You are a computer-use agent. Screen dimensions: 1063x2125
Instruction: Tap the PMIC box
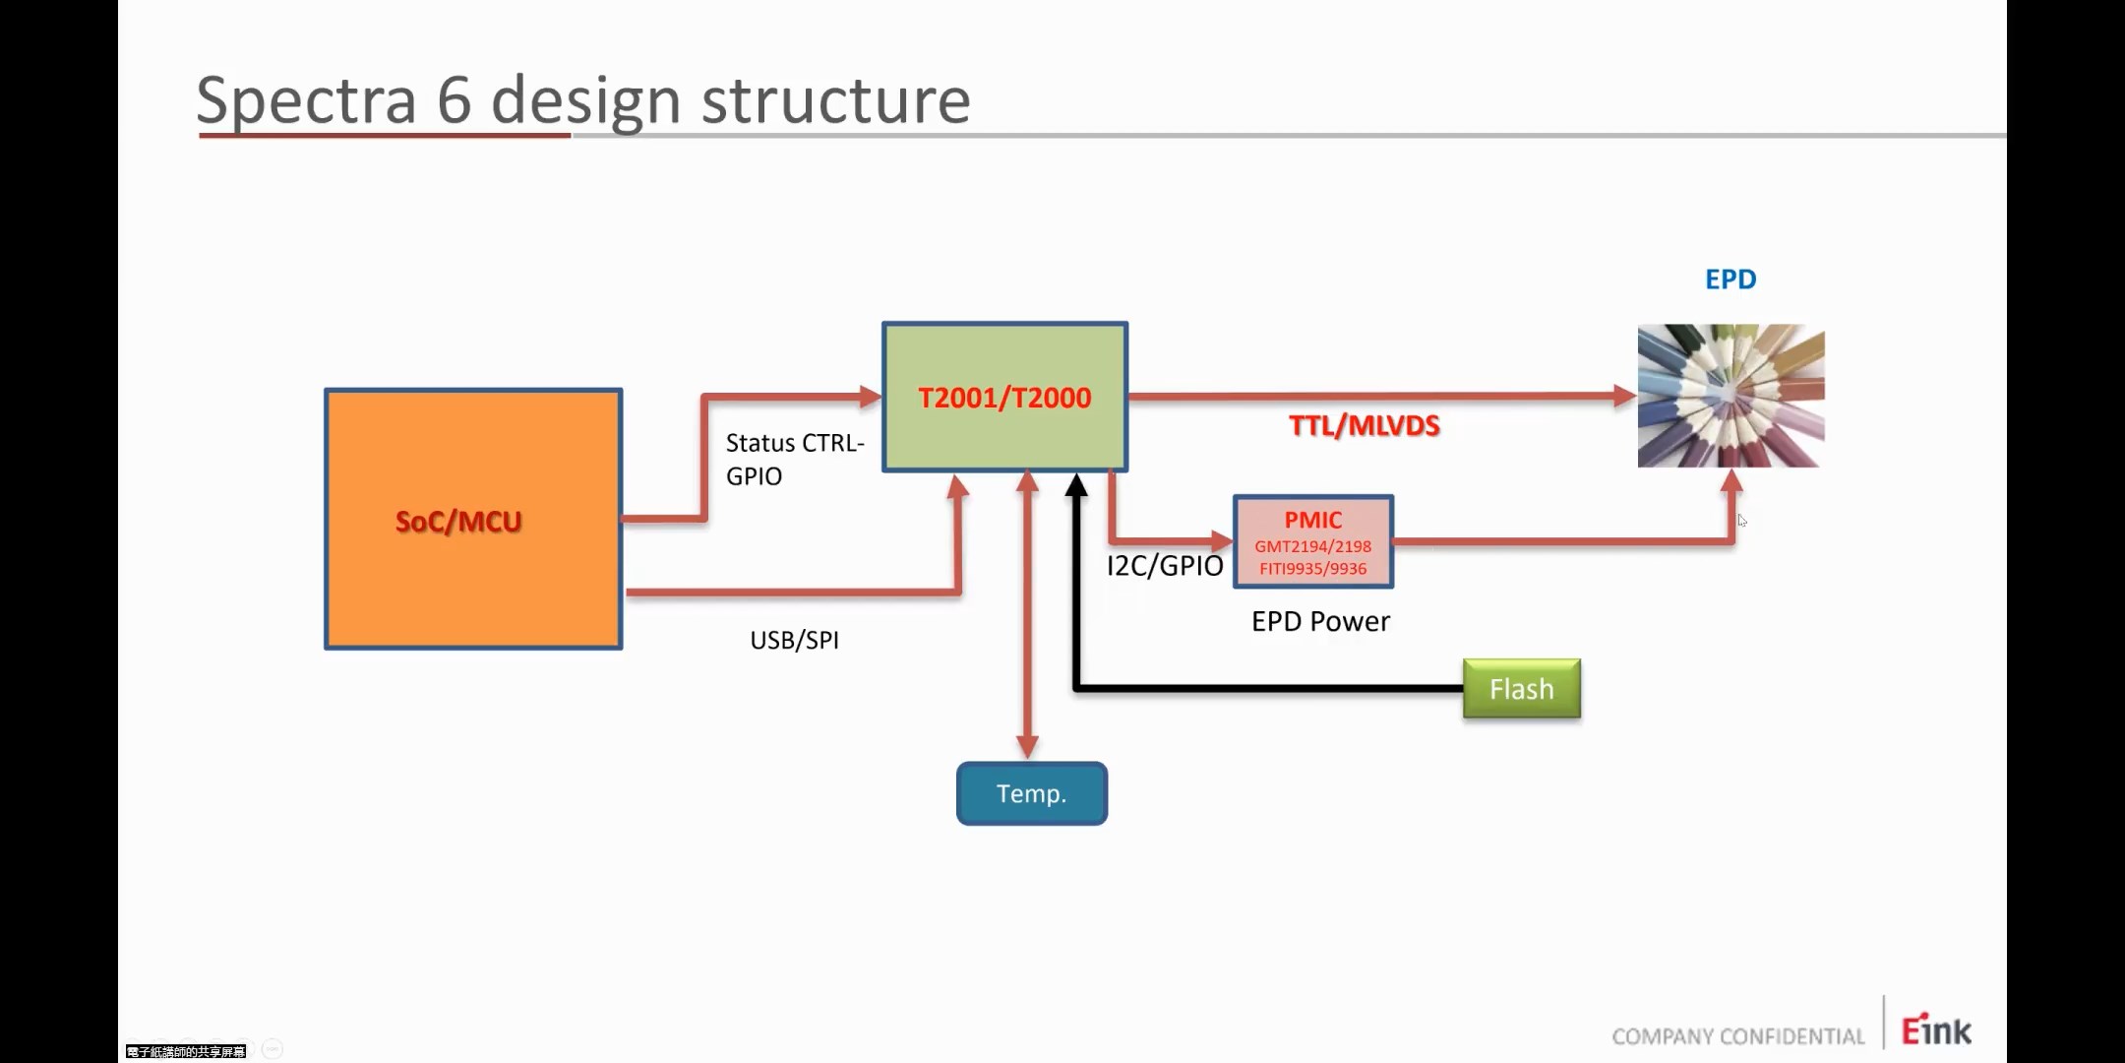coord(1313,541)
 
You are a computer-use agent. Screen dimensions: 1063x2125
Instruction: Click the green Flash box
coord(1521,689)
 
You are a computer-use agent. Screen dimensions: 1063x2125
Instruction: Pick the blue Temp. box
coord(1031,793)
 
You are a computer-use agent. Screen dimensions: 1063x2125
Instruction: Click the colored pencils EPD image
coord(1730,396)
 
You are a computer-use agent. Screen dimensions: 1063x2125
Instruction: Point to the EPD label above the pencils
coord(1730,280)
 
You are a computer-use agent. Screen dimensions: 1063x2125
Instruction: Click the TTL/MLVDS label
coord(1364,425)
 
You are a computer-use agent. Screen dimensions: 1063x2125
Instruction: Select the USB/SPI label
coord(794,640)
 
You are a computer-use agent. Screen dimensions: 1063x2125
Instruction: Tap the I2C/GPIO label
coord(1165,565)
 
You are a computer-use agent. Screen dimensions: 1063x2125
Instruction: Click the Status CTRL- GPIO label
coord(794,459)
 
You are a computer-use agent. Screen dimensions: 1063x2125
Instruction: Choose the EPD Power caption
coord(1320,621)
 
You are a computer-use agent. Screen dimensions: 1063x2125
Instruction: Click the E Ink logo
coord(1935,1030)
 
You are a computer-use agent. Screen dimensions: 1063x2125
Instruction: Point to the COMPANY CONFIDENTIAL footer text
coord(1737,1036)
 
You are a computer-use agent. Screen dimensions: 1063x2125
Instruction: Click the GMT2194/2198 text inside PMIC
coord(1312,546)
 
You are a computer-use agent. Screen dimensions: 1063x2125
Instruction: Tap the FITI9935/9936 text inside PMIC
coord(1312,569)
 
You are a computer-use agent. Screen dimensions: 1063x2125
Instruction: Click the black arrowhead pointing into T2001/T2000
coord(1076,485)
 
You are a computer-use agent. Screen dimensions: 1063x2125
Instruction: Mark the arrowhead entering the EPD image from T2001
coord(1624,396)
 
